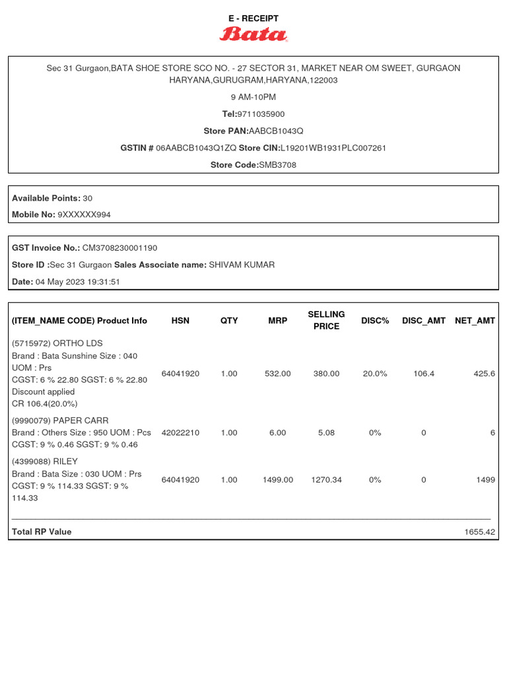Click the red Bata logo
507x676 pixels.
253,34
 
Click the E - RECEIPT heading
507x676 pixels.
253,18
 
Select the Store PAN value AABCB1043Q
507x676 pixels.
276,131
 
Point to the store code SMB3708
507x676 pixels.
277,165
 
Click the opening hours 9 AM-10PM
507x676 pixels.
253,97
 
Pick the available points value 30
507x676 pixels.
88,198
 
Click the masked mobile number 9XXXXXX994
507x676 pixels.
84,215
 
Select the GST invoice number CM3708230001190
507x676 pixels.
119,248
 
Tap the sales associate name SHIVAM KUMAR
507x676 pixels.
242,265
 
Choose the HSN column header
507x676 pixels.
180,321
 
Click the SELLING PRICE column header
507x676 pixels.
326,320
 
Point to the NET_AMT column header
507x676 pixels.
475,321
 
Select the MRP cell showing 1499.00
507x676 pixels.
277,480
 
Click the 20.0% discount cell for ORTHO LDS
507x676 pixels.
375,374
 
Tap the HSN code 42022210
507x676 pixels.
180,433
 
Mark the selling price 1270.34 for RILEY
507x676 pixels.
326,480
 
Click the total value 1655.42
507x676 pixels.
479,531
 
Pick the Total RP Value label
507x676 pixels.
42,531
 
